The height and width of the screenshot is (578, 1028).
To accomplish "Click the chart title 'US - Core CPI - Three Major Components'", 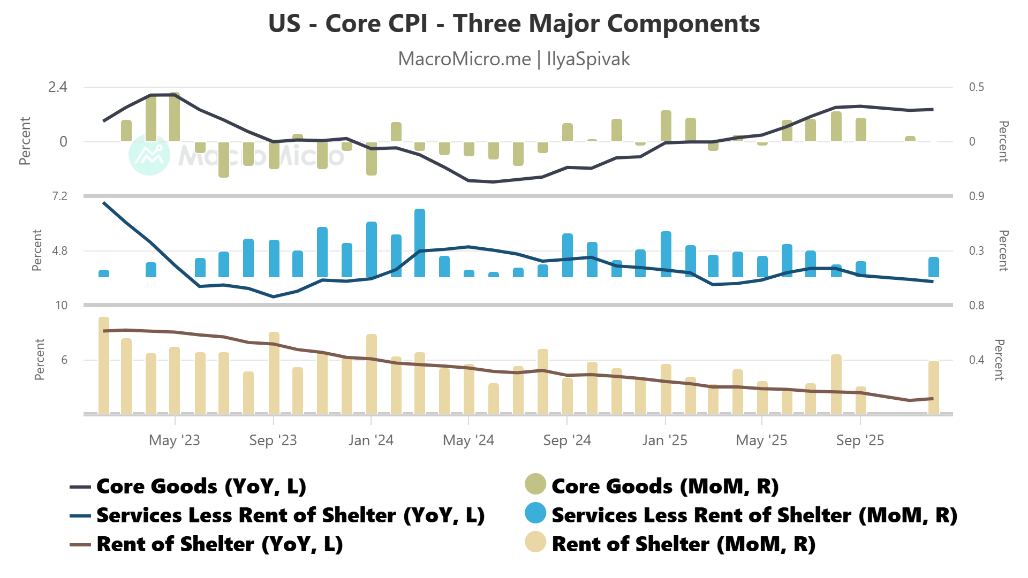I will click(x=514, y=24).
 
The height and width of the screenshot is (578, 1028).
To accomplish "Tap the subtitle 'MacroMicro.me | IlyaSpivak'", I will click(x=514, y=59).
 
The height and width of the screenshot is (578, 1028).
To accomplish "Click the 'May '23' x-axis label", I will click(x=174, y=440).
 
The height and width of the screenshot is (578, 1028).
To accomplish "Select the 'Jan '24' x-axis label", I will click(x=371, y=440).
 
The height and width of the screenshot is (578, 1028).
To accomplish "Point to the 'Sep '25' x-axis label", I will click(x=860, y=440).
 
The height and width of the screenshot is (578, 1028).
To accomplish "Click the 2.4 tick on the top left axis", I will click(x=58, y=87).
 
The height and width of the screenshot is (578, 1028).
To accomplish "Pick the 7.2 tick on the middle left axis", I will click(x=59, y=196).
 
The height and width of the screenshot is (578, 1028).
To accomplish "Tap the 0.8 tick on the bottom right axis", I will click(x=977, y=306).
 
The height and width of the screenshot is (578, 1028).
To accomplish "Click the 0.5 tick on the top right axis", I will click(x=977, y=87).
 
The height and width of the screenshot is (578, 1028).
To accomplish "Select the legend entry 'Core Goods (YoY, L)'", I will click(x=201, y=486).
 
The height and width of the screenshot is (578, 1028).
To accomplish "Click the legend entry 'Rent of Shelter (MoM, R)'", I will click(x=683, y=544).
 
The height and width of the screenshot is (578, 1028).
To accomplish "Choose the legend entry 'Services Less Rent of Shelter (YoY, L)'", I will click(x=290, y=515).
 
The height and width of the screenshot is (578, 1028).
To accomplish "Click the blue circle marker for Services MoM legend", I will click(x=535, y=513).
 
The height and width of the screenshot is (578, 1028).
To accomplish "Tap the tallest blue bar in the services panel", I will click(x=420, y=243).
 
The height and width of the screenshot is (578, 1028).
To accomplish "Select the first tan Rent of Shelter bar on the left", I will click(x=104, y=365).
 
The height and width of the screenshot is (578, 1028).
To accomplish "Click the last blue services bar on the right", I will click(x=934, y=267).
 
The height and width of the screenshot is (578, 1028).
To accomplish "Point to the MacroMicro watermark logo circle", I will click(x=149, y=155).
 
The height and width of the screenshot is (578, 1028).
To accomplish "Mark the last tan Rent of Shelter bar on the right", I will click(x=934, y=387).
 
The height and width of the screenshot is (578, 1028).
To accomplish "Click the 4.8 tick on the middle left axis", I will click(x=59, y=251).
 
